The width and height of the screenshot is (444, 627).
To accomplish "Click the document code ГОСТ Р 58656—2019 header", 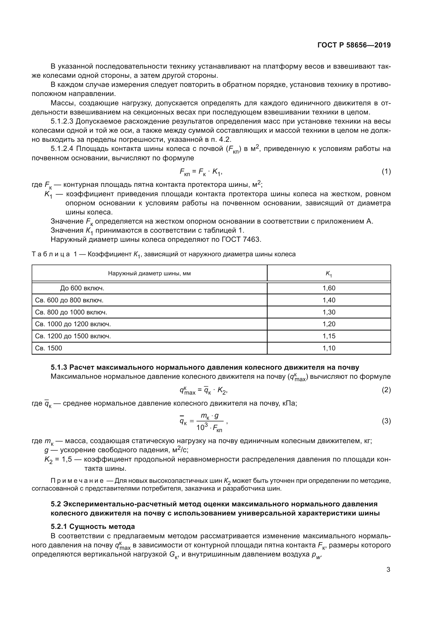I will point(354,45).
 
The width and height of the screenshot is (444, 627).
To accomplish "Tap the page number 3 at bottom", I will point(388,570).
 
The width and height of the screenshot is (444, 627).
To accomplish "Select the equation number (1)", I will point(386,172).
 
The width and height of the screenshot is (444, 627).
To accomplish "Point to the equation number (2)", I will point(386,390).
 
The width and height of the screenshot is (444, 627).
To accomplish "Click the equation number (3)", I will point(386,421).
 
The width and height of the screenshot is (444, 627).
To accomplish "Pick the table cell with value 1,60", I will point(329,288).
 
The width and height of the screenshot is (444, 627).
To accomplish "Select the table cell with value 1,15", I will point(329,336).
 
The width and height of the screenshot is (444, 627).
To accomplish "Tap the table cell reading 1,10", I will point(329,348).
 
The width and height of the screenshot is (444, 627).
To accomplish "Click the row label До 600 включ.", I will point(82,288).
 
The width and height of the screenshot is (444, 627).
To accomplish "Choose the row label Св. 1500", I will point(49,348).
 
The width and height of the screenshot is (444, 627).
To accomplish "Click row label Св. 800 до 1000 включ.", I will point(71,312).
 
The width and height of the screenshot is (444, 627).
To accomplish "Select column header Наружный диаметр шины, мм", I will point(149,273).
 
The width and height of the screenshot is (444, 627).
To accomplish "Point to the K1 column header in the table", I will point(329,274).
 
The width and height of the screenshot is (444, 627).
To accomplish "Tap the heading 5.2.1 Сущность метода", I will point(93,526).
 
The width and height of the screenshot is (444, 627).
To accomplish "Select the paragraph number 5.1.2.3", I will point(62,121).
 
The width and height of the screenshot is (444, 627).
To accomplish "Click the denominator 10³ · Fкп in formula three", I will point(209,427).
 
